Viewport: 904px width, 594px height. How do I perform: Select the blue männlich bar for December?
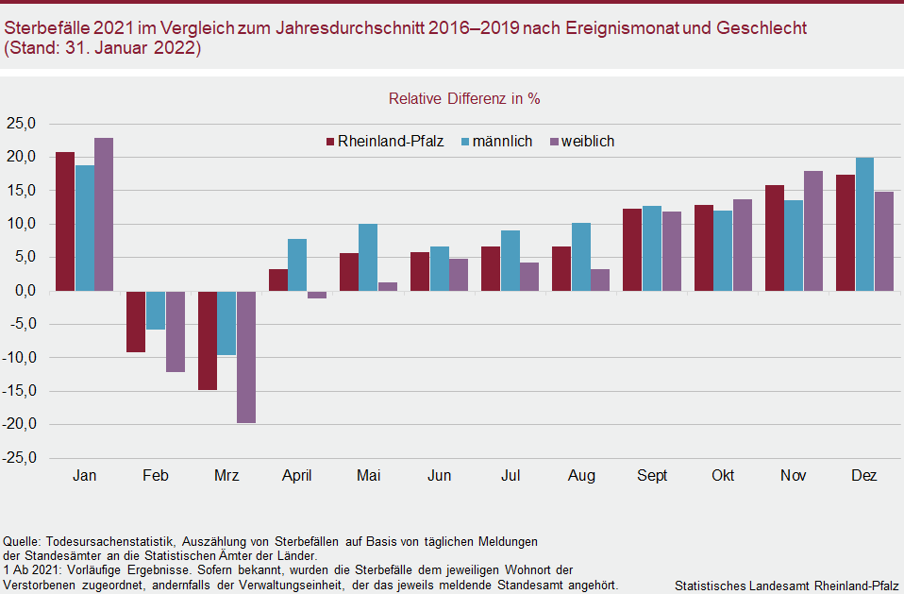pos(864,224)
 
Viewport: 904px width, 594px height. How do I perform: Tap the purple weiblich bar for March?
pos(245,356)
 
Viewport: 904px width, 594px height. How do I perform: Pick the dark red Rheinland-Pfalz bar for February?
pos(136,321)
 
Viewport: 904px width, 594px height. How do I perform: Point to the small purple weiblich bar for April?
pos(316,295)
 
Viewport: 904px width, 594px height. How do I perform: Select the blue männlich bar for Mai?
pos(368,257)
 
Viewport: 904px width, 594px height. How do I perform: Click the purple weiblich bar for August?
pos(600,280)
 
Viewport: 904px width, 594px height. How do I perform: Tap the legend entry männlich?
pos(496,142)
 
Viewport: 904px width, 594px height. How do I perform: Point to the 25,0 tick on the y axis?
pos(21,124)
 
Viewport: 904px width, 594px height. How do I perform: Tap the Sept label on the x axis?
pos(652,476)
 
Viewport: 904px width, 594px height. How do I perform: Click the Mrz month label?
pos(226,476)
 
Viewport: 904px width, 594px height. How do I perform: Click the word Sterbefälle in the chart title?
pos(43,28)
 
